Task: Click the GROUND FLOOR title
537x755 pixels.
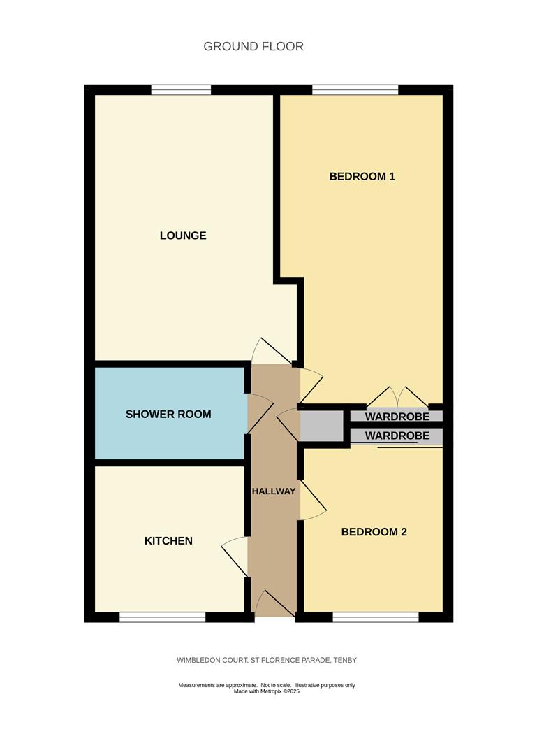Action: [x=253, y=47]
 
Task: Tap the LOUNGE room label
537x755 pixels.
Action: [x=183, y=236]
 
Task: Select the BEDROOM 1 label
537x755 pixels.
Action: [x=362, y=177]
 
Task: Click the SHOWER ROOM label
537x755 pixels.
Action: [x=168, y=415]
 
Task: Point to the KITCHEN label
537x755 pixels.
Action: [x=168, y=541]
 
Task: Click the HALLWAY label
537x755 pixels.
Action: [x=274, y=491]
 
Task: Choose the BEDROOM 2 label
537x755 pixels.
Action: [x=374, y=532]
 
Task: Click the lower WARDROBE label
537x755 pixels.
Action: [x=397, y=436]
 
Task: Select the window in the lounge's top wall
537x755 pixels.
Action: [x=181, y=89]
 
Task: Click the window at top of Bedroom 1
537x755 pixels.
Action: [x=355, y=89]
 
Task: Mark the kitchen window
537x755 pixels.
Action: [x=163, y=617]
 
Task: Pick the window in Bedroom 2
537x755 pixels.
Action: [x=375, y=617]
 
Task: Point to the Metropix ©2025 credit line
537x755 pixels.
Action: [x=267, y=691]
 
